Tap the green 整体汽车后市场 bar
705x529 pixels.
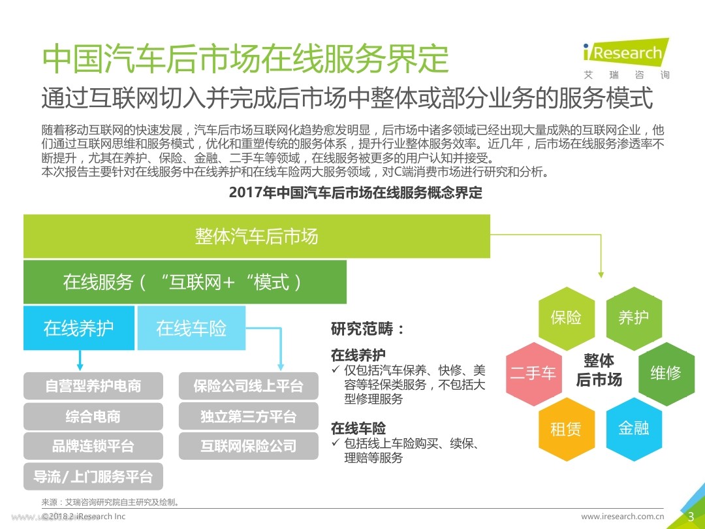[257, 236]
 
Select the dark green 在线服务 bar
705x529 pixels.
[185, 282]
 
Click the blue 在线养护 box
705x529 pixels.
[79, 328]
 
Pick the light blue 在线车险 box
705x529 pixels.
[191, 328]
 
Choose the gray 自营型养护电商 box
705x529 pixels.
[93, 386]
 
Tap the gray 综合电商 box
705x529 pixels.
[93, 416]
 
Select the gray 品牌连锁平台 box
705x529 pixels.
[93, 446]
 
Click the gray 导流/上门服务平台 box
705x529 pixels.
[93, 477]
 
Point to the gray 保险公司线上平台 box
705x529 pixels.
[248, 386]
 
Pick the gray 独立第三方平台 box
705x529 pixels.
[248, 416]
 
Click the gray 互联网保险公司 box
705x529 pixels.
[248, 446]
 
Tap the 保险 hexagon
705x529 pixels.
[566, 318]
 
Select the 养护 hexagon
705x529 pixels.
[633, 318]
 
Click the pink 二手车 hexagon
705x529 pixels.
[533, 374]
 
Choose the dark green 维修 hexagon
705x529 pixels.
[666, 374]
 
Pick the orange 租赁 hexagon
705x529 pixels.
[566, 429]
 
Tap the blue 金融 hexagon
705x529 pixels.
[633, 429]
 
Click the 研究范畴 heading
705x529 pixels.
[368, 329]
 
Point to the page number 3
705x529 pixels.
[691, 517]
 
